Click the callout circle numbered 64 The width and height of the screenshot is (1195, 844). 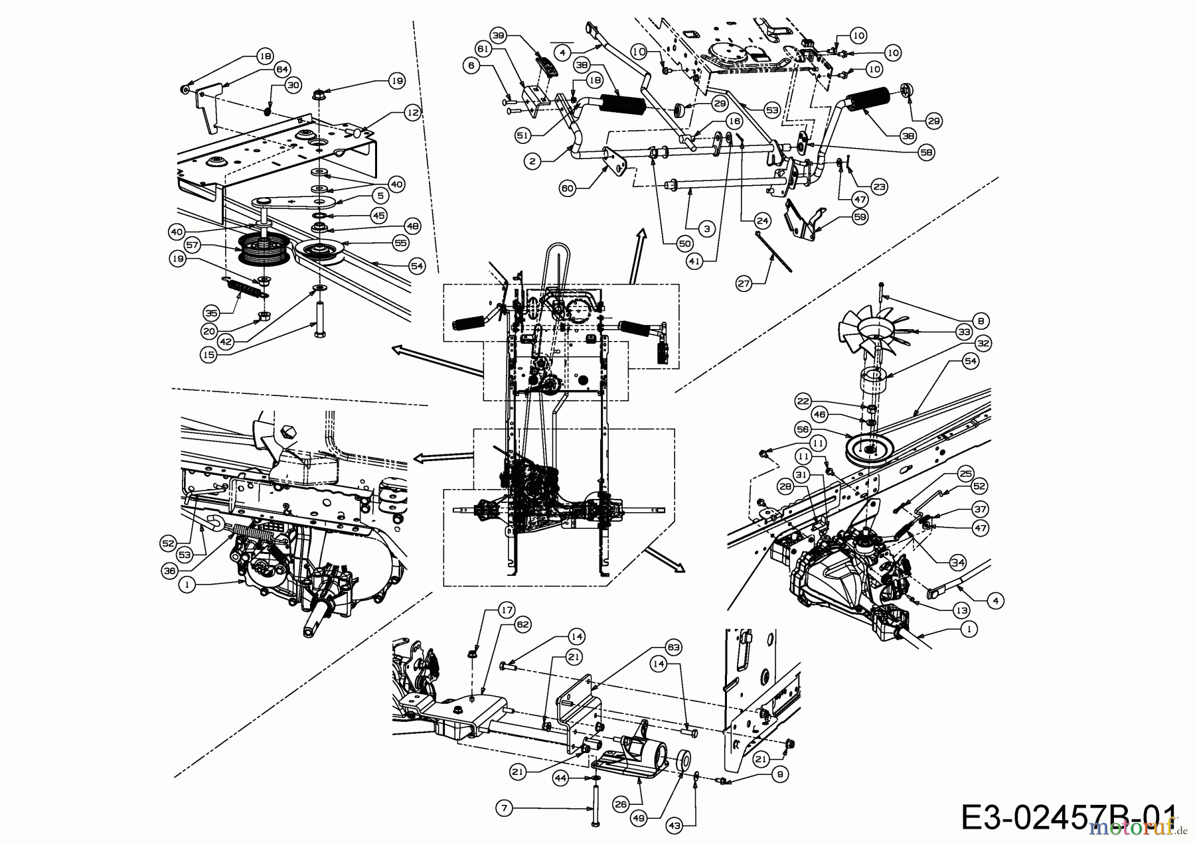(282, 68)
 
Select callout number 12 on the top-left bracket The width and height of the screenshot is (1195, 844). (413, 113)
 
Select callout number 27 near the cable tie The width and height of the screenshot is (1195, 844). (744, 284)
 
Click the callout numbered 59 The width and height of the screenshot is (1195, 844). (860, 216)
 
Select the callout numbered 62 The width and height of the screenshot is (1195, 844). (523, 624)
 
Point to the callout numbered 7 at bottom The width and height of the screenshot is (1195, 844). (505, 808)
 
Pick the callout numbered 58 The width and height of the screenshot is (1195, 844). (926, 153)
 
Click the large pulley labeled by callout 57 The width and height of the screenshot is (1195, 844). (262, 253)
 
